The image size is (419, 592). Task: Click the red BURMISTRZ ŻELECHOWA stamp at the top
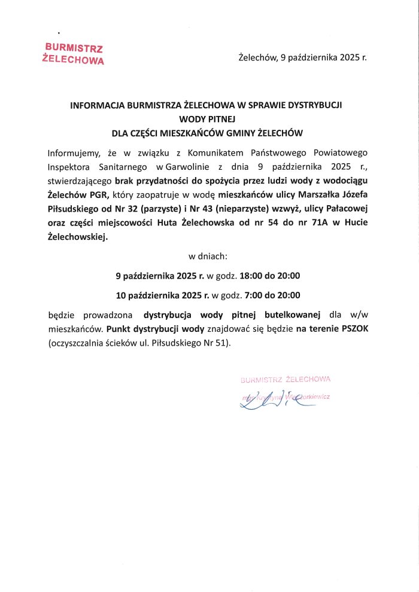click(74, 53)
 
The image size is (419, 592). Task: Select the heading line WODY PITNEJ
click(209, 119)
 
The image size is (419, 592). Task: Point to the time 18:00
click(251, 276)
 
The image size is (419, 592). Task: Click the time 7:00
click(253, 295)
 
